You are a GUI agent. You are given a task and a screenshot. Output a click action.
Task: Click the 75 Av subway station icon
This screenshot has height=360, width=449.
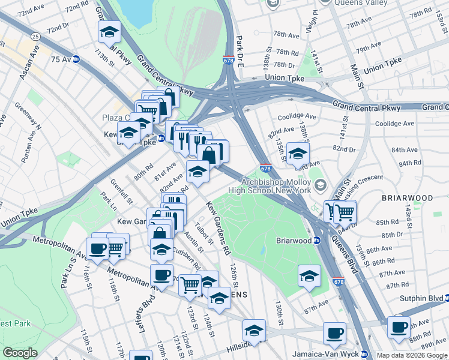click(x=76, y=59)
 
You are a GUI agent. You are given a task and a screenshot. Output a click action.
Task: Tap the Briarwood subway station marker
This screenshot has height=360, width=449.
click(x=318, y=241)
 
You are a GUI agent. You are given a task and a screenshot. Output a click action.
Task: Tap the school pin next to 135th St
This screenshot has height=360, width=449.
click(x=298, y=154)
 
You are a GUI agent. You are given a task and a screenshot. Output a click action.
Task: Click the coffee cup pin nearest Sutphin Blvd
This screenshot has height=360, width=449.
click(x=398, y=327)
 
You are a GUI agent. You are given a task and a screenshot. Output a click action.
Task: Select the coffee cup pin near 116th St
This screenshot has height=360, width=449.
click(x=97, y=248)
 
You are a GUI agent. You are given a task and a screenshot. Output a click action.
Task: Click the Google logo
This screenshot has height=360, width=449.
click(x=20, y=353)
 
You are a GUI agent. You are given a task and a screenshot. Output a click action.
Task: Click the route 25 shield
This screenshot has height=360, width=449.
click(x=35, y=37)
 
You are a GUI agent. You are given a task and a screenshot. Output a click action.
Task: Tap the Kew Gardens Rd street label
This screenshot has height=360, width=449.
click(x=218, y=227)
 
